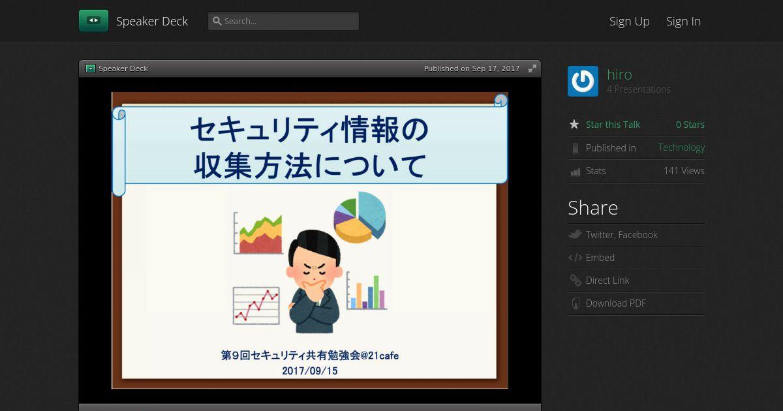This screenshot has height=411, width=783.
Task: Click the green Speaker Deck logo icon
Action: tap(93, 21)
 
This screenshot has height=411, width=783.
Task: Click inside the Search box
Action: tap(283, 21)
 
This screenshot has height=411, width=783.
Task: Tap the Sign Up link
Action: tap(629, 22)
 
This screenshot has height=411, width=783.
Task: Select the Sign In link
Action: tap(683, 22)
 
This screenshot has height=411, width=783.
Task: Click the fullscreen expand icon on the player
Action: tap(532, 68)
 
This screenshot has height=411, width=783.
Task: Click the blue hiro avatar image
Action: tap(583, 81)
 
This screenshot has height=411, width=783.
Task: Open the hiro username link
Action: tap(619, 74)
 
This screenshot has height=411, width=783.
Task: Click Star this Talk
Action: tap(613, 125)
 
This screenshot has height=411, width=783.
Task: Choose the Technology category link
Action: tap(681, 147)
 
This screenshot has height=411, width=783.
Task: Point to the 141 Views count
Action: tap(684, 170)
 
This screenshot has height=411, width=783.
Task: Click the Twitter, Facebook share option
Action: tap(621, 234)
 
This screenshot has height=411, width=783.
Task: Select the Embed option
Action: tap(600, 258)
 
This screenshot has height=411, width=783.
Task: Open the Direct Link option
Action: tap(607, 281)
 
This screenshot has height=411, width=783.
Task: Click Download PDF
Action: tap(615, 303)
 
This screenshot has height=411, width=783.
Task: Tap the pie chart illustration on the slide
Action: tap(360, 217)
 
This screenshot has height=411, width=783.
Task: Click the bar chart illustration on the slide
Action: tap(366, 291)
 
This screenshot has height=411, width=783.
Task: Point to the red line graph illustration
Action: tap(256, 306)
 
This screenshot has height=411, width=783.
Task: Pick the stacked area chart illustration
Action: tap(258, 233)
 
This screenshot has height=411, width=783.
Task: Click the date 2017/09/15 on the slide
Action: tap(310, 371)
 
